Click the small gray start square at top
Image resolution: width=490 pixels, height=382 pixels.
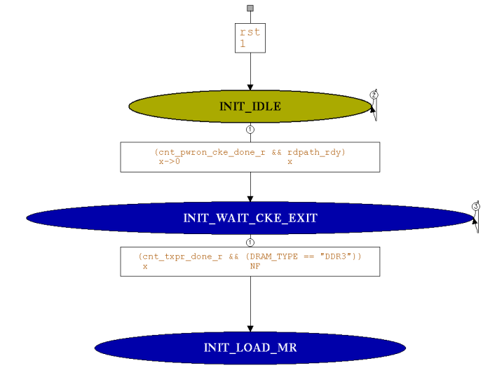250,8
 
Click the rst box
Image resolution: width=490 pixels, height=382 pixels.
250,38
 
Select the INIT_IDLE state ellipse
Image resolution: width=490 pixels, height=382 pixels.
250,107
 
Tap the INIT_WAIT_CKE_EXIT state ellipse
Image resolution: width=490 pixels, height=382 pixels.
250,218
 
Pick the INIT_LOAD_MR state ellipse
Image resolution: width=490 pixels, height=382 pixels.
250,348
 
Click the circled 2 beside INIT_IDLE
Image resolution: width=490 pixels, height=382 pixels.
374,95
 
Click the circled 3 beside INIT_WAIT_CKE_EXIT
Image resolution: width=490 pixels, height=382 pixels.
475,207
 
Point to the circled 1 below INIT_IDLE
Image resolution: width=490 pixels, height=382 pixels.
250,129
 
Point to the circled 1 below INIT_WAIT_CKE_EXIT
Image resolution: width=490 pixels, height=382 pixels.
250,241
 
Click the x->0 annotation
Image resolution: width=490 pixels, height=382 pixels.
170,161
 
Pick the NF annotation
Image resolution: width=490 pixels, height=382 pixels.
255,266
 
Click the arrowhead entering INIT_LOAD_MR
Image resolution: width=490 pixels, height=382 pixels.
250,329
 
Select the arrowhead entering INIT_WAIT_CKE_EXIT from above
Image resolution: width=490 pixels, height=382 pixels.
250,199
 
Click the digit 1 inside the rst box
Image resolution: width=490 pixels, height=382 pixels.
243,43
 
